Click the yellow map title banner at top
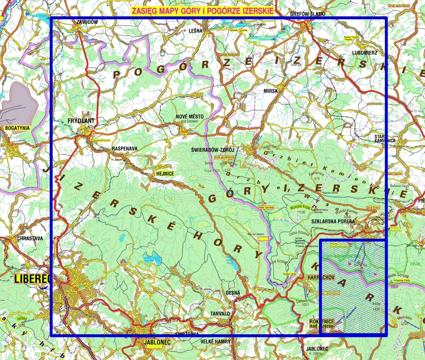203,11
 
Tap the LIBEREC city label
32,279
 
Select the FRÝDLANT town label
81,121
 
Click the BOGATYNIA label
17,128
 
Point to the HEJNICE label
165,174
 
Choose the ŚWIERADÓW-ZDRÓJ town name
212,150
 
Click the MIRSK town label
271,91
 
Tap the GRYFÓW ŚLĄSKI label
307,14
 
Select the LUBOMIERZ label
365,53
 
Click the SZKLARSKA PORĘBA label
333,221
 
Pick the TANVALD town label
220,313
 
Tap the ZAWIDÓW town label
87,22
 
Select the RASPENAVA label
125,149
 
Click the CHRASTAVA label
30,238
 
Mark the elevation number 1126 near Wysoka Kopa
301,212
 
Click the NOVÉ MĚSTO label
190,117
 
